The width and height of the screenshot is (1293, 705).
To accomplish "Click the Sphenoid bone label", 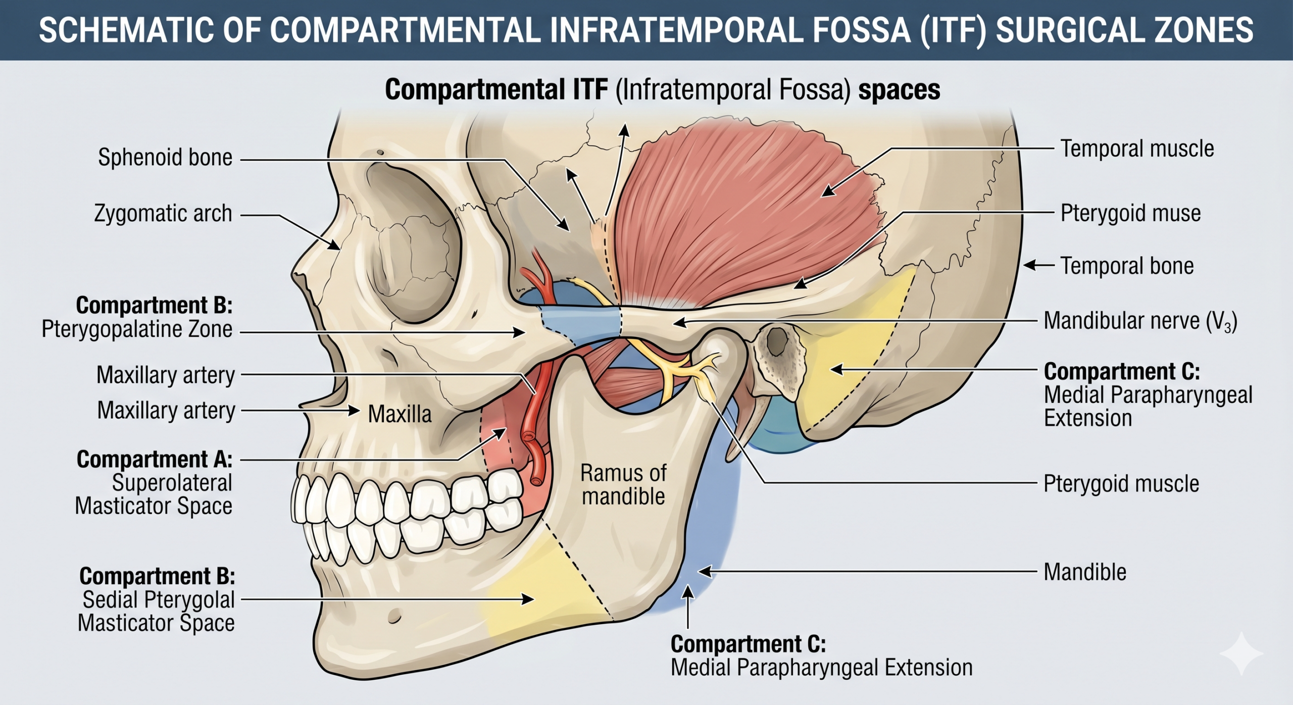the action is click(165, 158).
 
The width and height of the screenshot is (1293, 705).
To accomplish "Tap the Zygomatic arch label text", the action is click(163, 214).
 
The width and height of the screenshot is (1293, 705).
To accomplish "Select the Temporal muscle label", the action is click(1137, 149).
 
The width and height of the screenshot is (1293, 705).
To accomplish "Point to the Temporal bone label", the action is click(1127, 266).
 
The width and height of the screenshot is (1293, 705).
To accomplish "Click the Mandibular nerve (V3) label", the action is click(1140, 321).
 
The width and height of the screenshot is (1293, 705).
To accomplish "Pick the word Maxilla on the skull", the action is click(400, 414).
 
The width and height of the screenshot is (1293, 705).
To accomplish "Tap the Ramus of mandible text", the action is click(623, 485).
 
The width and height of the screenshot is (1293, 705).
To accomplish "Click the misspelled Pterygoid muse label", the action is click(1130, 213).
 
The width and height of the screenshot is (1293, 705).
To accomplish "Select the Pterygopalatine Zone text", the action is click(137, 329).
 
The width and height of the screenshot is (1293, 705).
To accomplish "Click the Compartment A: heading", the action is click(155, 460).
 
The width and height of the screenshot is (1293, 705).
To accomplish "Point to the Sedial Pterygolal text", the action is click(159, 600).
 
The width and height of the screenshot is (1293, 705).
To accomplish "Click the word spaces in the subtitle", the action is click(900, 90).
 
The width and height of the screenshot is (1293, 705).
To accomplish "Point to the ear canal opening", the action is click(778, 342).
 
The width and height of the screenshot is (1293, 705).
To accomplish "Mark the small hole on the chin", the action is click(394, 616).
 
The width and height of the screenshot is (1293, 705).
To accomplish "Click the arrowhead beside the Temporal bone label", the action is click(1030, 265).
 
